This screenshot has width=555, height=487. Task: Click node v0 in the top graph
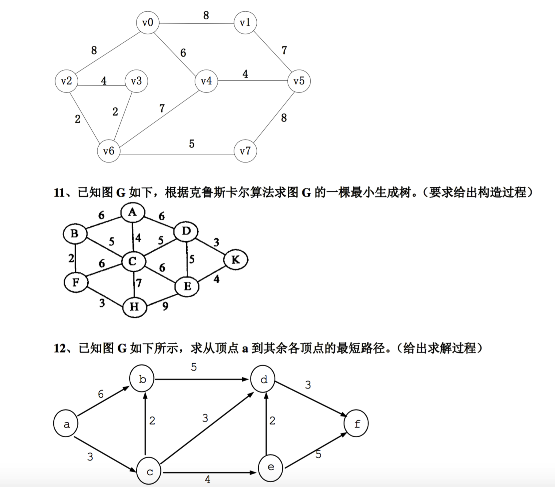click(x=148, y=23)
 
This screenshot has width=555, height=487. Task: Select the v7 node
click(x=245, y=151)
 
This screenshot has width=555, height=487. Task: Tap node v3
click(x=136, y=81)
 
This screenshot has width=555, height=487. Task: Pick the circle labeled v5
click(x=299, y=81)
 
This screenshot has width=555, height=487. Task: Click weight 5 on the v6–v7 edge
click(x=192, y=144)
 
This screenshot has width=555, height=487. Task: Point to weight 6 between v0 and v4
click(x=183, y=53)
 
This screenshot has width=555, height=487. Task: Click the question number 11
click(x=59, y=192)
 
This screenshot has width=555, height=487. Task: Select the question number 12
click(x=60, y=348)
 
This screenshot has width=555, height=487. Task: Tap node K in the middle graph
click(x=236, y=260)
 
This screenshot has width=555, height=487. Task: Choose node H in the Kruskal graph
click(x=134, y=307)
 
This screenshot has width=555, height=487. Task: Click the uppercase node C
click(x=133, y=261)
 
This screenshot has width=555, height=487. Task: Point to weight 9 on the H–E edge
click(x=165, y=306)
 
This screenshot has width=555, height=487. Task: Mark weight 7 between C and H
click(x=138, y=283)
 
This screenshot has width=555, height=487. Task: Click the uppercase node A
click(x=133, y=212)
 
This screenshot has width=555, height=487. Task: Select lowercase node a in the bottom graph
click(x=66, y=424)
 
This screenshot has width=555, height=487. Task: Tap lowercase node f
click(x=357, y=423)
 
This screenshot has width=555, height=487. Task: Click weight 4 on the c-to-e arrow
click(x=208, y=479)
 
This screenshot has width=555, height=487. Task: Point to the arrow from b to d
click(x=203, y=379)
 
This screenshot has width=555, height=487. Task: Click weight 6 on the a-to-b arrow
click(x=101, y=394)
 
